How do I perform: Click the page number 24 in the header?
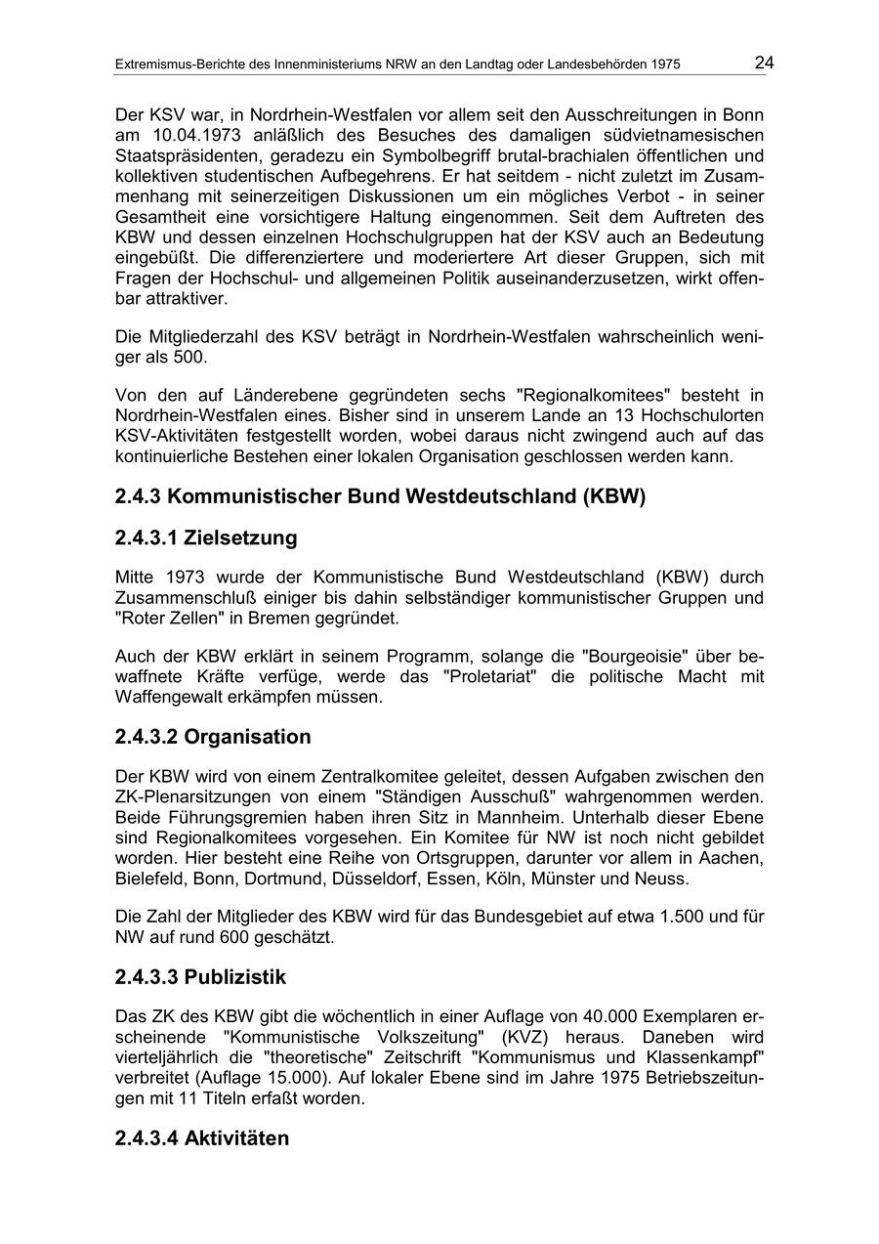[764, 64]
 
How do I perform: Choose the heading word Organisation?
[247, 737]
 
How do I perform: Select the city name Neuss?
[664, 879]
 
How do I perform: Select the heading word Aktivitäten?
[236, 1138]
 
